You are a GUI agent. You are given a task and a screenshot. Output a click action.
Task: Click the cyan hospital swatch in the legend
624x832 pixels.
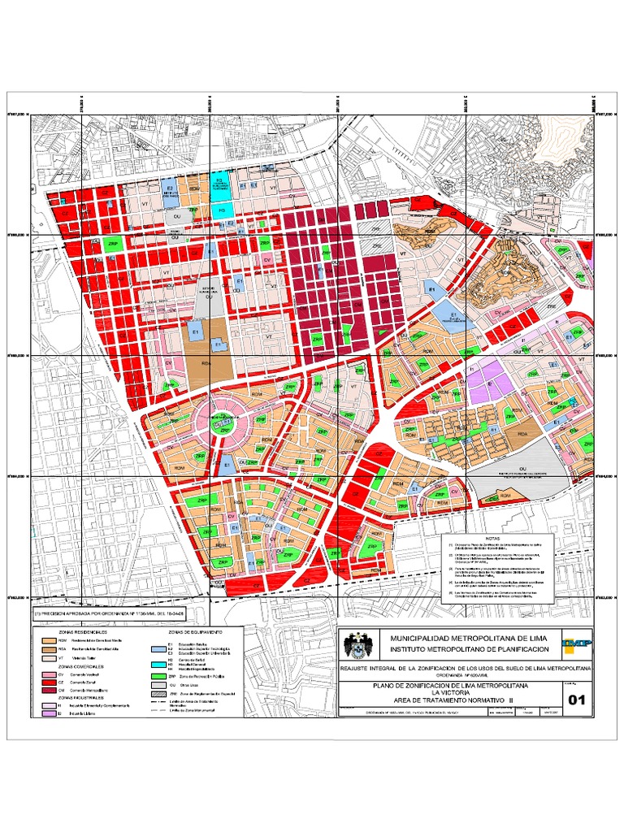click(157, 665)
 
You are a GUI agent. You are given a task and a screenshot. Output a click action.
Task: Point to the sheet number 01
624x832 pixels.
click(577, 699)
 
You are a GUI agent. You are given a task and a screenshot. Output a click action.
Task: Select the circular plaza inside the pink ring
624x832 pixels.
click(219, 421)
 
